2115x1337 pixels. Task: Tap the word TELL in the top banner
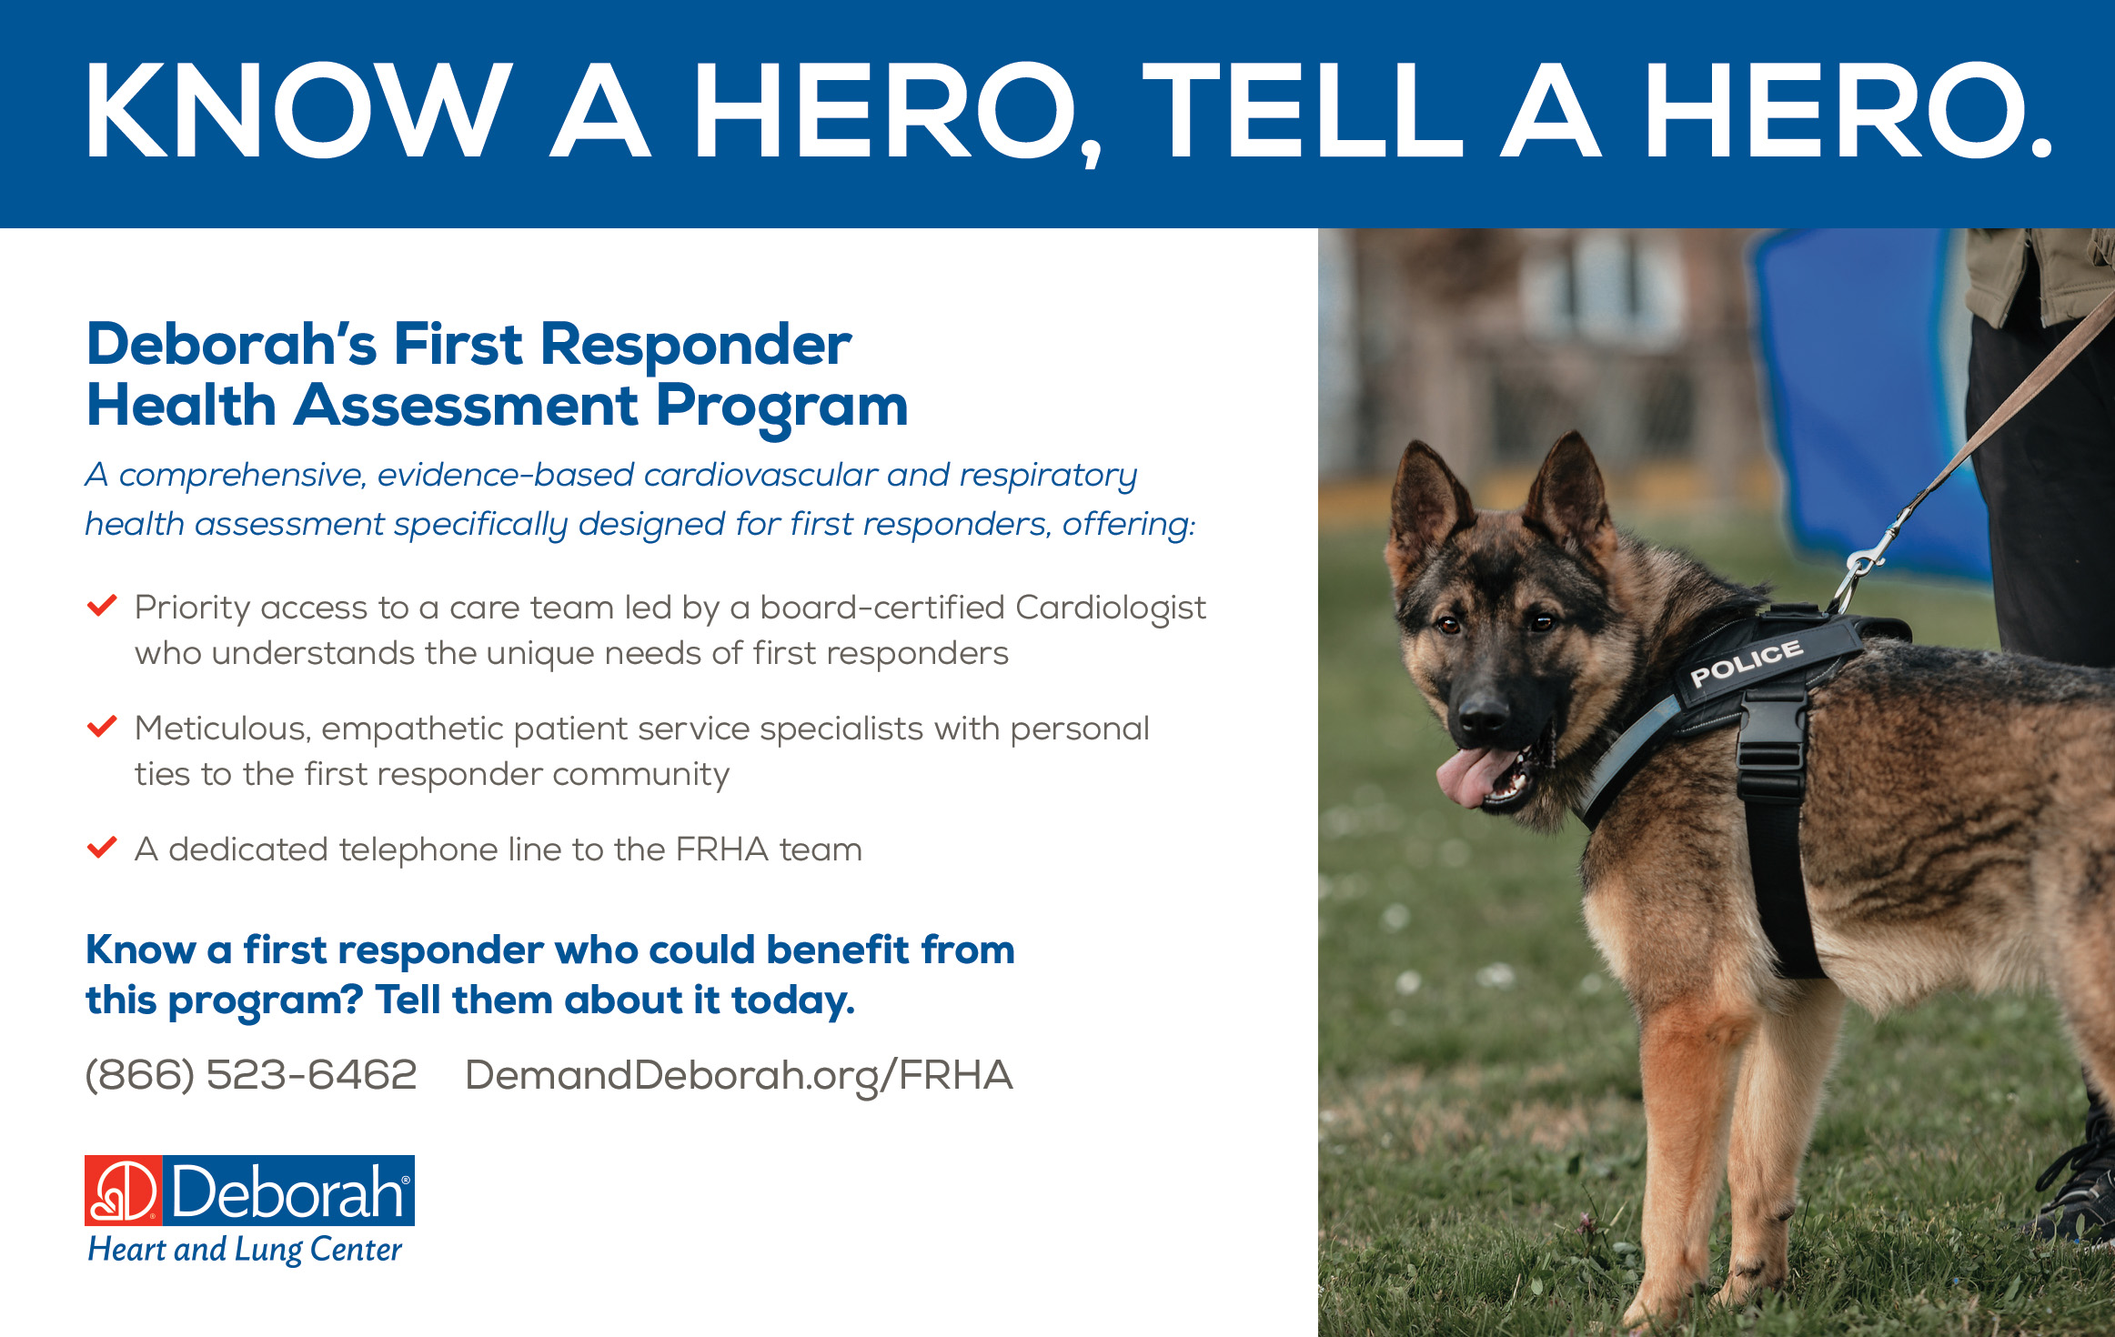tap(1302, 111)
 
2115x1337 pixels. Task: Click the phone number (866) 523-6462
tap(250, 1075)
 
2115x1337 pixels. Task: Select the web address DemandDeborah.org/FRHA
tap(739, 1076)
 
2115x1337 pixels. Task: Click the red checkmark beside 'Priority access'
tap(101, 605)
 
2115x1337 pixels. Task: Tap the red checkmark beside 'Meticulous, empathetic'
tap(101, 726)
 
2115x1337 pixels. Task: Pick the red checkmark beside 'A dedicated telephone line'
tap(101, 847)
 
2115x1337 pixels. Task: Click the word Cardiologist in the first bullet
tap(1111, 608)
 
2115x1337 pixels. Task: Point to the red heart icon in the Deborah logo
tap(124, 1191)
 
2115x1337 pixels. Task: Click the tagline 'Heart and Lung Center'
tap(245, 1250)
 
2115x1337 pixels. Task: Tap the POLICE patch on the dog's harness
tap(1747, 663)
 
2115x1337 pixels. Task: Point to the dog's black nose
tap(1483, 710)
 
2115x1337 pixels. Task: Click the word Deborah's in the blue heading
tap(231, 346)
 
